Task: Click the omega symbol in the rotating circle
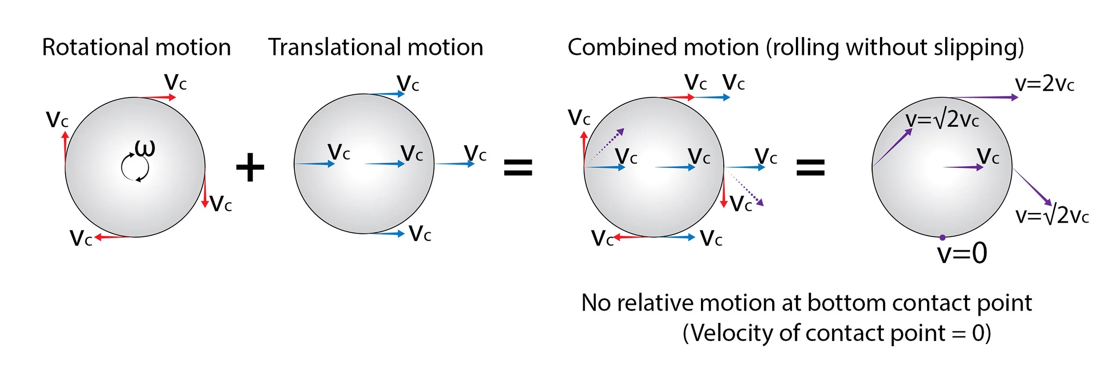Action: click(145, 149)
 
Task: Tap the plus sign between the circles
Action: click(250, 167)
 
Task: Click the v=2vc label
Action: click(1045, 84)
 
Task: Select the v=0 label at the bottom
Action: click(962, 253)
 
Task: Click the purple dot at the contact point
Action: click(942, 238)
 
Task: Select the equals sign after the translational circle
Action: click(518, 168)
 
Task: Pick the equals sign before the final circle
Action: click(810, 168)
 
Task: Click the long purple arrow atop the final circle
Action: click(983, 97)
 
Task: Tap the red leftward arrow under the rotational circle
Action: click(114, 237)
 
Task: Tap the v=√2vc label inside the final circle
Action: click(942, 120)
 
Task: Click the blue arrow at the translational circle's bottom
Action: click(385, 233)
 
